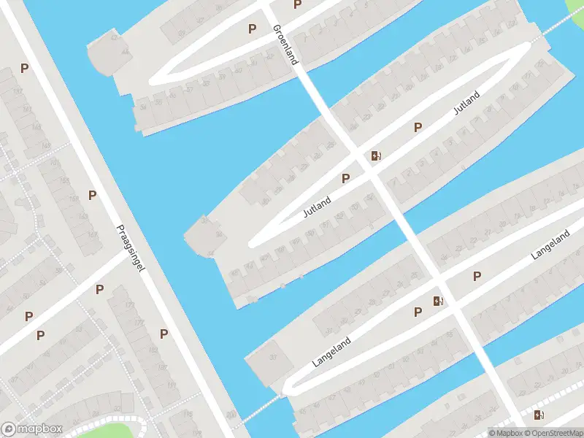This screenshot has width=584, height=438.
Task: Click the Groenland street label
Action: click(x=285, y=45)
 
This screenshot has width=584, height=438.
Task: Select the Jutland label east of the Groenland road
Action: click(x=466, y=103)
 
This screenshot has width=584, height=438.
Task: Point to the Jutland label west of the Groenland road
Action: click(x=318, y=207)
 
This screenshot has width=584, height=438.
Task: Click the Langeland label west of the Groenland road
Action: click(x=332, y=351)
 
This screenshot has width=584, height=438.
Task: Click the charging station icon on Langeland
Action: click(x=438, y=300)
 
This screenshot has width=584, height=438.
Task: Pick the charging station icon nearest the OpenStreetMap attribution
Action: click(x=539, y=415)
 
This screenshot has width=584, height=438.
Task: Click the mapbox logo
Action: click(x=32, y=429)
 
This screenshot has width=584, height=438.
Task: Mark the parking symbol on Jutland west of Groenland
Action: click(x=346, y=177)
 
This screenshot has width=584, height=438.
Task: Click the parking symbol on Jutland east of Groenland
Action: click(x=418, y=127)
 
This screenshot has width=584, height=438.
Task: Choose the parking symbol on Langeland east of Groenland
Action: click(x=477, y=276)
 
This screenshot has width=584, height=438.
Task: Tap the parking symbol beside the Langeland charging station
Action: click(x=418, y=312)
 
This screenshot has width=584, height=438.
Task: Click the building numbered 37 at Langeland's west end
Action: click(x=272, y=357)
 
